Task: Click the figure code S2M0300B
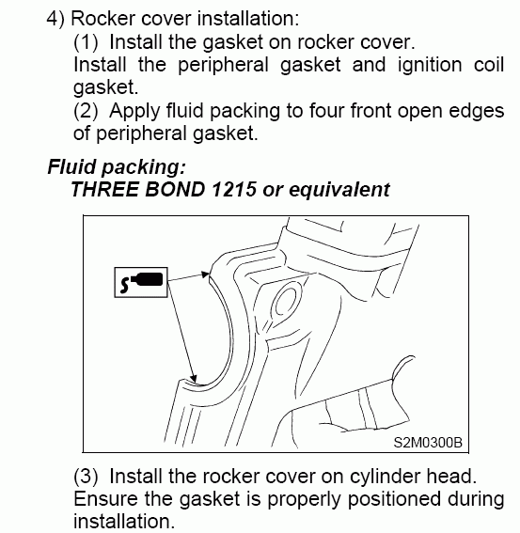tap(428, 443)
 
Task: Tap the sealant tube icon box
tap(141, 282)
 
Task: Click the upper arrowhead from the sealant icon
tap(205, 274)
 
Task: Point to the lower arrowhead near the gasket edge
tap(193, 378)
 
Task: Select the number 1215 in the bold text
tap(233, 189)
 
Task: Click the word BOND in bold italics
tap(175, 189)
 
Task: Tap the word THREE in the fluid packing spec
tap(104, 189)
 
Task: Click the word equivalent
tap(339, 190)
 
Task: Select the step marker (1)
tap(86, 42)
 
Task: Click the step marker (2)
tap(86, 111)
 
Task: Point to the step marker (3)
tap(86, 476)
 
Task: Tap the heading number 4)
tap(55, 19)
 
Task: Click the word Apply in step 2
tap(134, 112)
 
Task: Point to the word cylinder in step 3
tap(385, 477)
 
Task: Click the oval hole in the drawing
tap(288, 301)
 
